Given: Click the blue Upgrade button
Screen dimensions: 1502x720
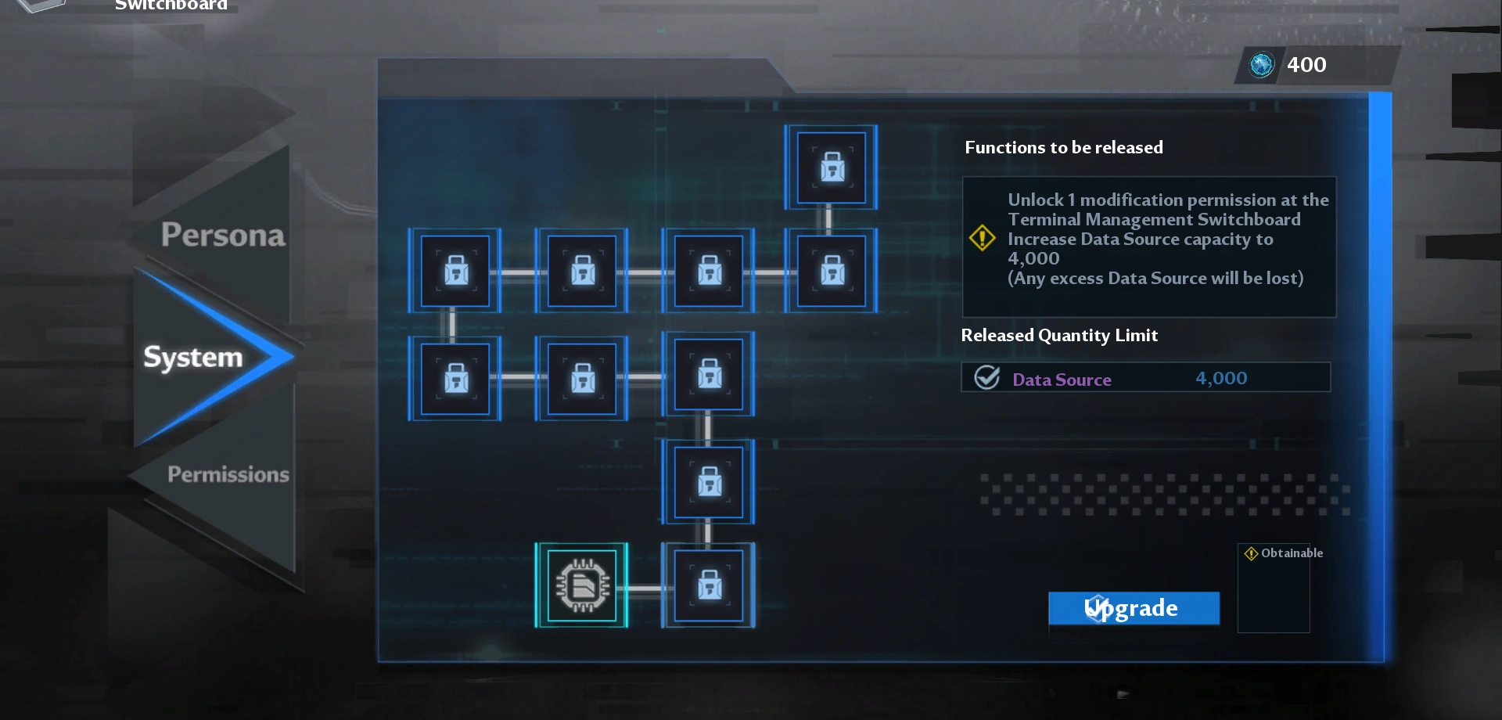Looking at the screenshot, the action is [1134, 608].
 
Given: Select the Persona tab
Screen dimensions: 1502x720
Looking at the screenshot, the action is [223, 235].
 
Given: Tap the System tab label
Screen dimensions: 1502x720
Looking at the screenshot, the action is [193, 357].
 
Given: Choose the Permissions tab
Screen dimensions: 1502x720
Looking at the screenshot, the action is [228, 474].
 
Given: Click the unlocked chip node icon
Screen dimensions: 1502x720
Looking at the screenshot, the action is [581, 585].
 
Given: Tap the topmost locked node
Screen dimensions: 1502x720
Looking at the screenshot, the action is [831, 167].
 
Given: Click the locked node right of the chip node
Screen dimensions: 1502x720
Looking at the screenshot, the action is [709, 585].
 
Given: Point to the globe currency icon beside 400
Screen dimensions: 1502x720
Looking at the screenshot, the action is [1261, 65].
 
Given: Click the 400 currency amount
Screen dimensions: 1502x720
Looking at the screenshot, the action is [1306, 65].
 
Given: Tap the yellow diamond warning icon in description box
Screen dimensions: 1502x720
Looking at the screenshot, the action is [982, 238].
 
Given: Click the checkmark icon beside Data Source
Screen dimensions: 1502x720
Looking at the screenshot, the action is [986, 378].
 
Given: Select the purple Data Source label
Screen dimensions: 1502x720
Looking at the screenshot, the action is [1062, 380].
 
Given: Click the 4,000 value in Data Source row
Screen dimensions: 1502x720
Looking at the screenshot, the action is [1221, 379].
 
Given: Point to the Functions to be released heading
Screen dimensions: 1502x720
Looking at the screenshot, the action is [1063, 147].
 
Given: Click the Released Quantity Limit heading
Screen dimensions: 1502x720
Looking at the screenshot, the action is [1059, 335].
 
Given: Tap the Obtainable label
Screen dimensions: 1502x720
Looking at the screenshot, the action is [1292, 553].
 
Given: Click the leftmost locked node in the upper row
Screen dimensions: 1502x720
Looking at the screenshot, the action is [455, 271].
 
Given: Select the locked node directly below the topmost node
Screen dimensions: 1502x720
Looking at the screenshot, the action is [831, 271].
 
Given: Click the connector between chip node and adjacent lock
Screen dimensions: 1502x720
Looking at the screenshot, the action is [645, 588].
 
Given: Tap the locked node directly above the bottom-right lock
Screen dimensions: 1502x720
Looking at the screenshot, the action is [709, 481].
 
